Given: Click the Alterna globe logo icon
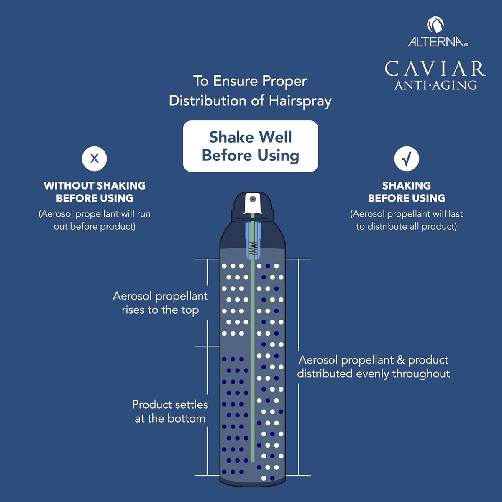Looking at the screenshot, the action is pyautogui.click(x=435, y=25).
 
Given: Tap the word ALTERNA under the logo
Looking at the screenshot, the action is pyautogui.click(x=436, y=42).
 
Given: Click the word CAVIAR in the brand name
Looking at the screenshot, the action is pyautogui.click(x=435, y=69).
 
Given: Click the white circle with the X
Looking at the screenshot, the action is pyautogui.click(x=94, y=159).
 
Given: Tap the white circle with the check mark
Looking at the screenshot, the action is pyautogui.click(x=406, y=159).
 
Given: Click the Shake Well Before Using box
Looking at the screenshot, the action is pyautogui.click(x=250, y=146).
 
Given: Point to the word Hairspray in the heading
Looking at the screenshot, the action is pyautogui.click(x=300, y=101).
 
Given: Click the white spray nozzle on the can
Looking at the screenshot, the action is pyautogui.click(x=252, y=203).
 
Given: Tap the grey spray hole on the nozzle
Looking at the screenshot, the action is pyautogui.click(x=252, y=199).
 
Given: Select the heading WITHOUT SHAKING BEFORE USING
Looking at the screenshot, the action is pyautogui.click(x=95, y=192).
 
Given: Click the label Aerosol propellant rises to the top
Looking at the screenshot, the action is pyautogui.click(x=160, y=303).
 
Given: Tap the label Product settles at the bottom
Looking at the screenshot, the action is pyautogui.click(x=170, y=411).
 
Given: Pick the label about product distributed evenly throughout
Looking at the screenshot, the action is pyautogui.click(x=373, y=366).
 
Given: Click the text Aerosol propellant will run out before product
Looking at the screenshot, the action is pyautogui.click(x=95, y=220).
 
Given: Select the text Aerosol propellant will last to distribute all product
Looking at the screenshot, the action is pyautogui.click(x=406, y=220).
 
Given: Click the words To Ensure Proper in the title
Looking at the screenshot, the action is pyautogui.click(x=250, y=81).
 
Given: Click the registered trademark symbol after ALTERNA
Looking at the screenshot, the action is pyautogui.click(x=466, y=44).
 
